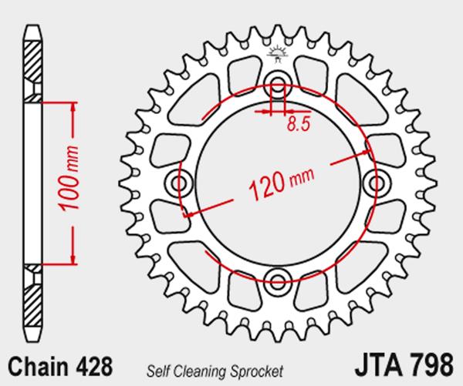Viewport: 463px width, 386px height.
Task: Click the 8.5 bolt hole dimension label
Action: [x=299, y=124]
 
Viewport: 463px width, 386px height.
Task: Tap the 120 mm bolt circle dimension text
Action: [x=282, y=184]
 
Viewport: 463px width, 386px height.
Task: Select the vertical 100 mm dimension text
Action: [x=69, y=178]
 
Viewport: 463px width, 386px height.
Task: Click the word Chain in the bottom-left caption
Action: [x=38, y=366]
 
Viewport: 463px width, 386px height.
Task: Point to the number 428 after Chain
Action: [x=94, y=366]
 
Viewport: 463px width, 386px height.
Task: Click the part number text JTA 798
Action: [x=404, y=364]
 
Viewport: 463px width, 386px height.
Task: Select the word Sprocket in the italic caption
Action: [x=257, y=371]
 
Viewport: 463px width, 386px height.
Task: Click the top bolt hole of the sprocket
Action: [x=278, y=82]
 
